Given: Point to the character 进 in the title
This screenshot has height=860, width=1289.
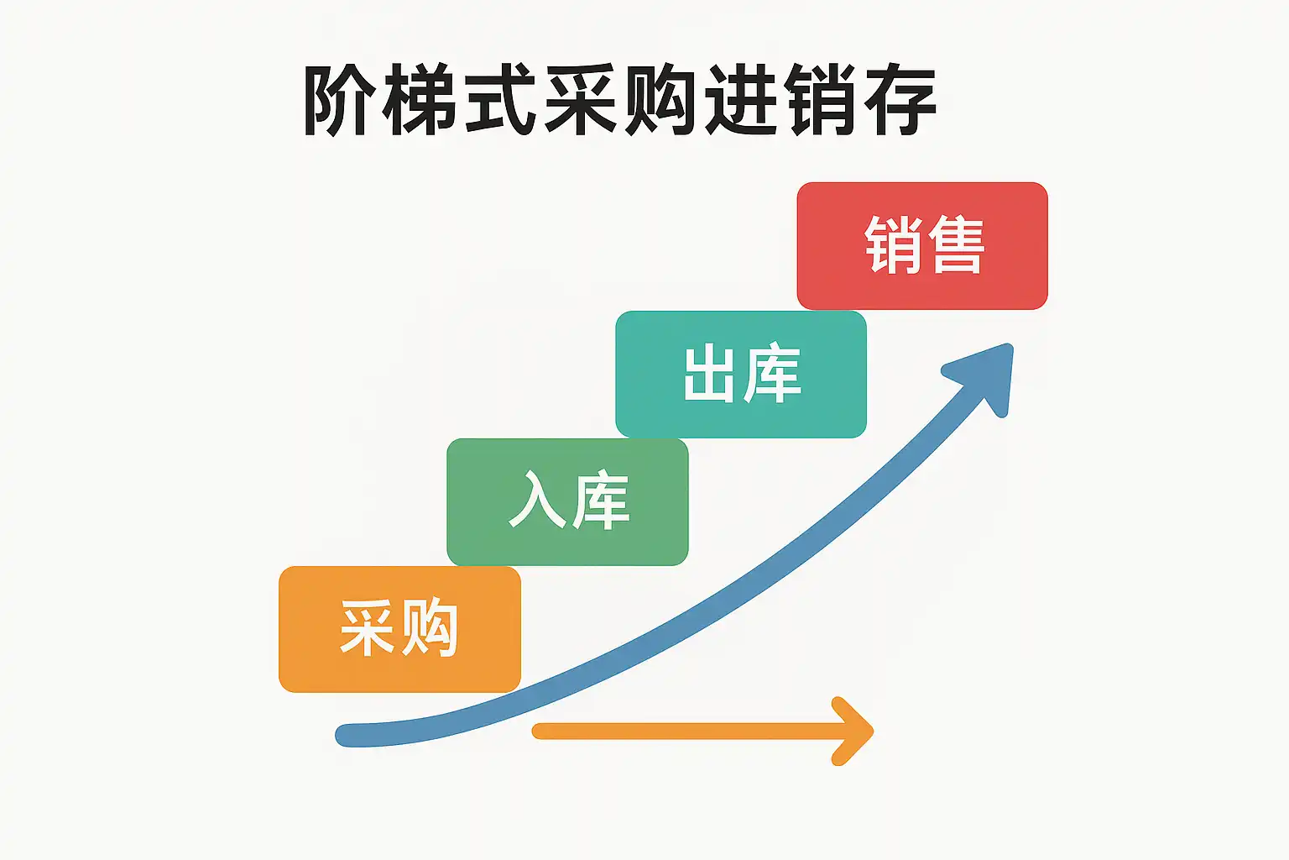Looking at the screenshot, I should point(740,101).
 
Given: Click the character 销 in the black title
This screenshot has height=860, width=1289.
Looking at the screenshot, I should point(821,101).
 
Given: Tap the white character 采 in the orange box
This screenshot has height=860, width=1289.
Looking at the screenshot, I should point(367,628).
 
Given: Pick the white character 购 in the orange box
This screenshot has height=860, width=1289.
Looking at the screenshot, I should point(429,628).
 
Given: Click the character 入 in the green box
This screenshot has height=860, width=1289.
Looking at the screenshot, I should point(536,501).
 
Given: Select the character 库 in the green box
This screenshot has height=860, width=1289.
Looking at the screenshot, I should point(599,501).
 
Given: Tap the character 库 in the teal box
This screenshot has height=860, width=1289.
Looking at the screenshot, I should point(773,374).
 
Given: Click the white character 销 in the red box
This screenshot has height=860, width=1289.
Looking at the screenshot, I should point(893,244).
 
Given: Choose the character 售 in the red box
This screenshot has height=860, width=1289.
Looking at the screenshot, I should point(956,244).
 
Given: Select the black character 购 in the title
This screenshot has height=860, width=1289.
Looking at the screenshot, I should point(660,101).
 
